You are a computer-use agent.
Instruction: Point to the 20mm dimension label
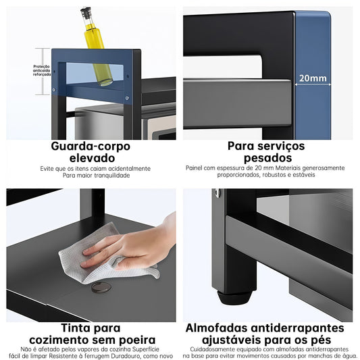click(x=313, y=78)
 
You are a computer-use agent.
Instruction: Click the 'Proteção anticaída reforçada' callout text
click(x=42, y=70)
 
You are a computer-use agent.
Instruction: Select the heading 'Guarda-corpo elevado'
click(x=91, y=152)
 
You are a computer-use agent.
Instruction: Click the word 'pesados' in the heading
click(x=267, y=158)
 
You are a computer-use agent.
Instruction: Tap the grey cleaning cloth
click(x=108, y=254)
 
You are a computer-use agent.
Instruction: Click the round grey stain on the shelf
click(x=101, y=288)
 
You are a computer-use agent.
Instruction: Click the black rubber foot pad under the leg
click(x=234, y=298)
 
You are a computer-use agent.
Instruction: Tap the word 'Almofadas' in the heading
click(x=217, y=328)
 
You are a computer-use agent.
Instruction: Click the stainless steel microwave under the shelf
click(x=125, y=122)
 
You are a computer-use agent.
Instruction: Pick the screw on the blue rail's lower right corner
click(x=127, y=98)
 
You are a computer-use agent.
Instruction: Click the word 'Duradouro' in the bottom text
click(x=126, y=356)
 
